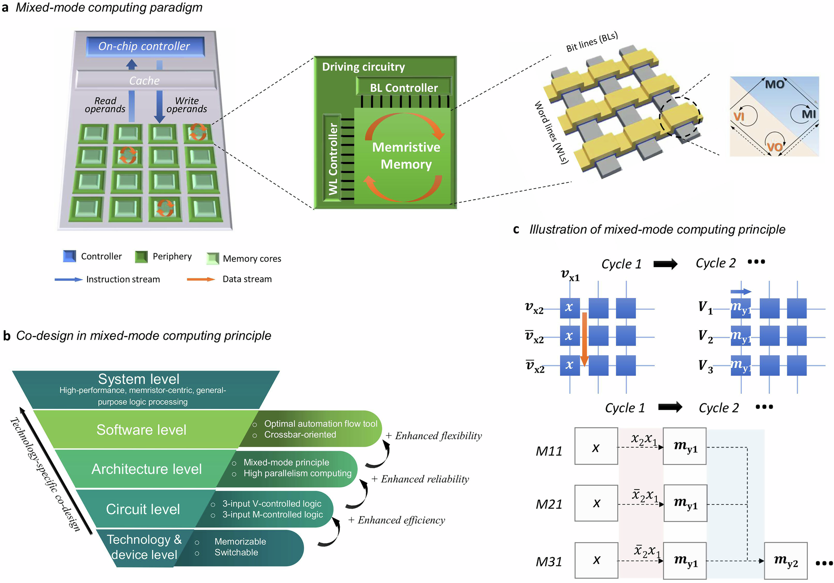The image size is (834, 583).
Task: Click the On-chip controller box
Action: point(145,46)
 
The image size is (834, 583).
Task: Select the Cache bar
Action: point(145,80)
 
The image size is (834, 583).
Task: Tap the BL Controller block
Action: point(404,88)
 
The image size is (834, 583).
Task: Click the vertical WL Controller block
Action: point(332,159)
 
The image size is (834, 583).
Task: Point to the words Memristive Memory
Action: point(406,156)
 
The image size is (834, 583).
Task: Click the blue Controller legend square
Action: point(69,256)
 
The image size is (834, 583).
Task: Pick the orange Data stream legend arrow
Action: point(201,279)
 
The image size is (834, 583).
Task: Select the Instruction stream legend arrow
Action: point(68,279)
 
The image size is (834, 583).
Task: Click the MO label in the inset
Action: point(774,84)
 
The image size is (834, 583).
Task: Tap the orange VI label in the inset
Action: point(739,116)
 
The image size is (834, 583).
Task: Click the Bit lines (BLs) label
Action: point(592,42)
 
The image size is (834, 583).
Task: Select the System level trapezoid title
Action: point(138,379)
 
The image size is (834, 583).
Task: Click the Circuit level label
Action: point(143,509)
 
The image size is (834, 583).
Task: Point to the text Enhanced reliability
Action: point(425,479)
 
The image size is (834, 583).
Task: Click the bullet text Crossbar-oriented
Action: point(300,434)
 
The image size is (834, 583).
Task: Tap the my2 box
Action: point(786,560)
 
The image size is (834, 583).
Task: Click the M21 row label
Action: point(549,504)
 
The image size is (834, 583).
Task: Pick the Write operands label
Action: point(186,105)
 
